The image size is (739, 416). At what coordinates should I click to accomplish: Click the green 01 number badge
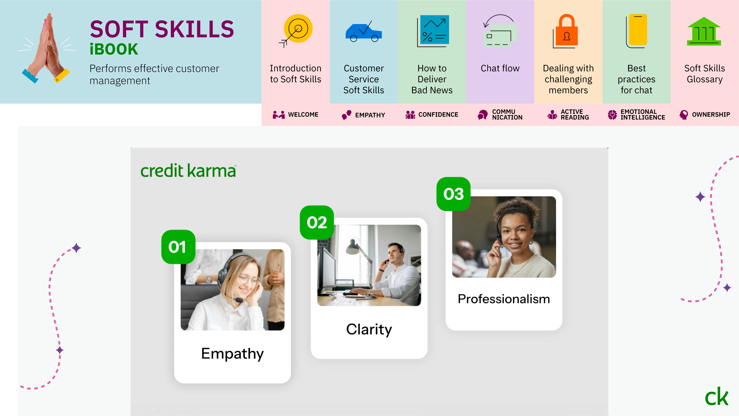(178, 247)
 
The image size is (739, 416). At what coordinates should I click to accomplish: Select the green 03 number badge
(453, 194)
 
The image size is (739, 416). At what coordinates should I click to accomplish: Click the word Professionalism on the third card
(504, 299)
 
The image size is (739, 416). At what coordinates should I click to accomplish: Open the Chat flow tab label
(500, 68)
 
